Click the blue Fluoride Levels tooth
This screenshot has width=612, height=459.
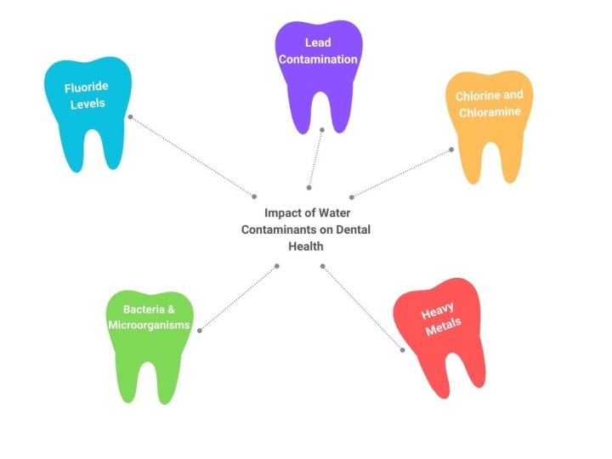(88, 119)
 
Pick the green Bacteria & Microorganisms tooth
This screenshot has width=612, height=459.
(150, 340)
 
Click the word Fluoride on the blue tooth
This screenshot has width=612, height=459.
(84, 88)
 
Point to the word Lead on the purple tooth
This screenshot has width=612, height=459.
(319, 42)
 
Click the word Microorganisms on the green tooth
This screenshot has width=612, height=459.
(150, 325)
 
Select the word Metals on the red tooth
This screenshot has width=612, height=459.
(445, 326)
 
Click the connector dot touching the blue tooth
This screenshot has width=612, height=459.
(130, 116)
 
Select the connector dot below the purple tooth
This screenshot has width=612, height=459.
(321, 130)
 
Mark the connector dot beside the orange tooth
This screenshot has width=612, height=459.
(451, 150)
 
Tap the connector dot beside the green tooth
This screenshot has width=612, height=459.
(199, 331)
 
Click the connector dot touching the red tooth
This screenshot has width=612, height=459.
(402, 348)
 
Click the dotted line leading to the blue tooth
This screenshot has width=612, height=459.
(191, 156)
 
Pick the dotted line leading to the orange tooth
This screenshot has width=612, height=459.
(401, 173)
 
